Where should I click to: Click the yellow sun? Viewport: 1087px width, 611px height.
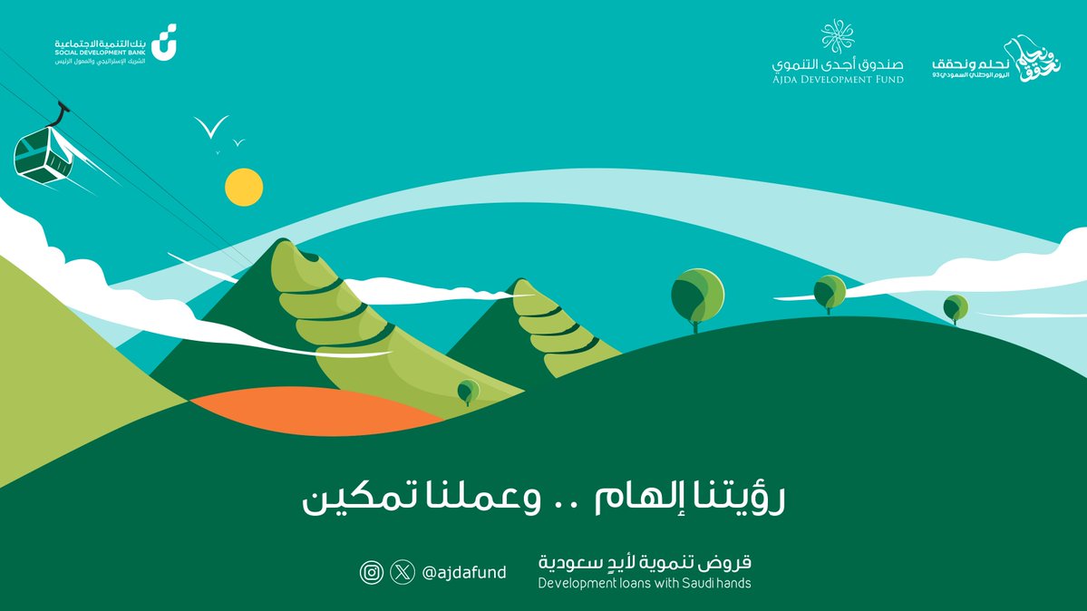point(244,187)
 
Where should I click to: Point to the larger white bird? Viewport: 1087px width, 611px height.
point(211,128)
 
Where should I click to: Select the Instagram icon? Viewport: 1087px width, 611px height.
point(371,572)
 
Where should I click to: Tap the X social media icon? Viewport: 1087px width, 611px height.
point(402,572)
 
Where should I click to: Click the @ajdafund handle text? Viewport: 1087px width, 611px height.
point(463,572)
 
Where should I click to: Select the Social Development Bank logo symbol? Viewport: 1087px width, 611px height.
point(163,44)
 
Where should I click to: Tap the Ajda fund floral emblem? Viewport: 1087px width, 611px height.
point(837,37)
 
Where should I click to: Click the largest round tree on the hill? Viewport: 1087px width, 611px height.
point(697,294)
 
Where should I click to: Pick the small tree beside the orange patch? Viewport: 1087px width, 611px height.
point(468,391)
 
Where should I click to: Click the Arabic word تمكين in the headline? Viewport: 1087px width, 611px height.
point(345,501)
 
